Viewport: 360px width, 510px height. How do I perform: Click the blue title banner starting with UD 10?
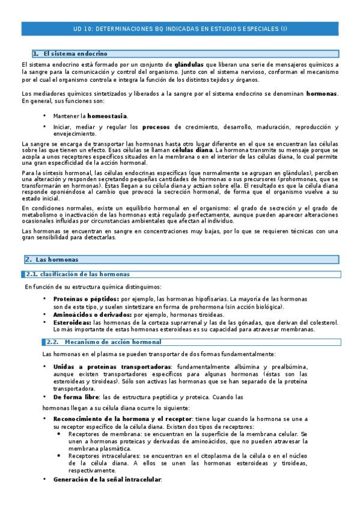point(180,28)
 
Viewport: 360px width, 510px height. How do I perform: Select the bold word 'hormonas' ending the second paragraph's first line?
point(322,94)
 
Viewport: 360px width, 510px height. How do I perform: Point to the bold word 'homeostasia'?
point(107,115)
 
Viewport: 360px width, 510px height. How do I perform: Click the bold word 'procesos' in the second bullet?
point(156,127)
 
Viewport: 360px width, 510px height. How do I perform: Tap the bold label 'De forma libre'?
point(75,397)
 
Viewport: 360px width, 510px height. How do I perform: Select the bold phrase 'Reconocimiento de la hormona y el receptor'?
point(121,418)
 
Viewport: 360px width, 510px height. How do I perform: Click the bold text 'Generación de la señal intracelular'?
point(108,479)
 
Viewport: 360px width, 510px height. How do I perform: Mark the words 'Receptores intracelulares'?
point(105,456)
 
